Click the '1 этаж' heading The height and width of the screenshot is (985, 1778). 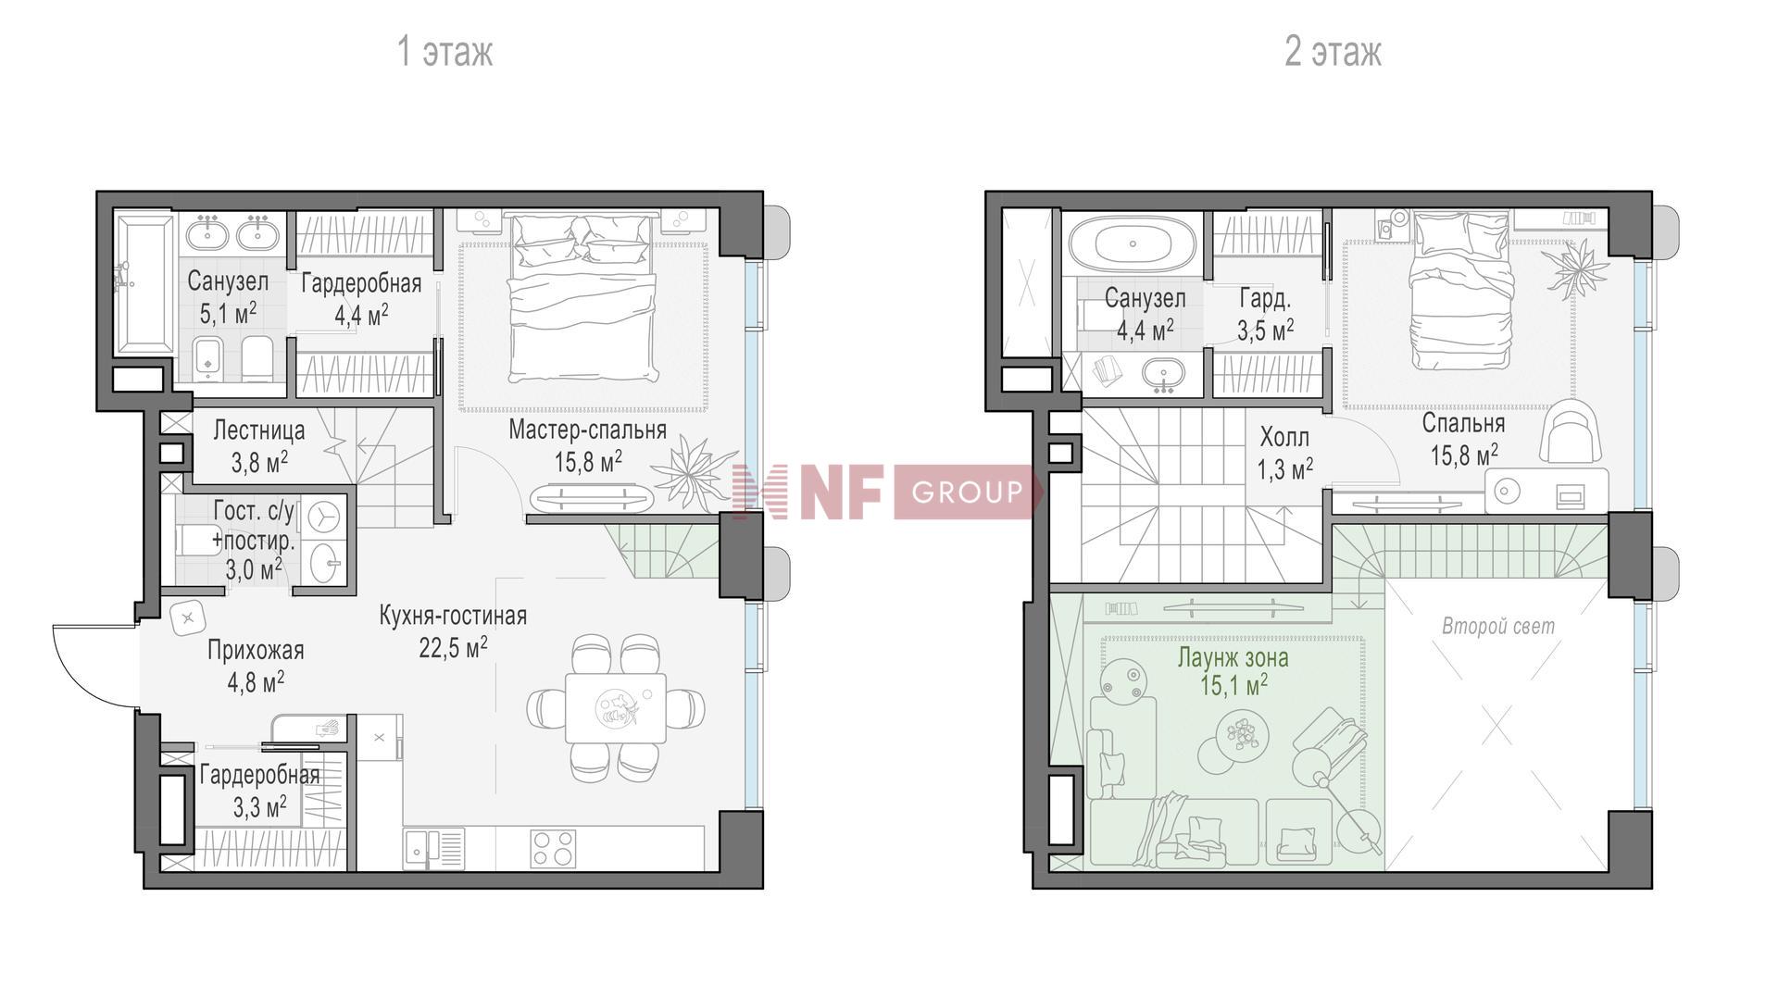click(x=444, y=51)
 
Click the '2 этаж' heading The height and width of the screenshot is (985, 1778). click(x=1333, y=51)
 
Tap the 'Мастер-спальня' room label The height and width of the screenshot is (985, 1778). click(x=588, y=430)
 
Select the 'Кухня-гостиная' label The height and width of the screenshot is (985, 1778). click(x=453, y=616)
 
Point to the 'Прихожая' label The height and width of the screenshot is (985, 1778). click(x=256, y=650)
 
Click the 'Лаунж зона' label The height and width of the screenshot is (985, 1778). click(x=1233, y=657)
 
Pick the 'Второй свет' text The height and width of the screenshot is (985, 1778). click(x=1498, y=627)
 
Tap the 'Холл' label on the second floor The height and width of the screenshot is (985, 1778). click(x=1284, y=437)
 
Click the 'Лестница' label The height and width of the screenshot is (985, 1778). click(x=259, y=430)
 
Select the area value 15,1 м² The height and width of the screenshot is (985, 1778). click(x=1233, y=686)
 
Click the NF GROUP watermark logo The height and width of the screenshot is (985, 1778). click(x=886, y=491)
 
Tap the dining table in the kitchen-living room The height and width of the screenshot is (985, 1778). click(x=616, y=708)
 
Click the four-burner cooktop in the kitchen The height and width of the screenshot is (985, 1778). click(x=553, y=849)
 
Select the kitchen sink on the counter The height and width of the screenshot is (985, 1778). click(x=434, y=849)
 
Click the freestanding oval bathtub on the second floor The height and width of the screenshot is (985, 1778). click(x=1133, y=243)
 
